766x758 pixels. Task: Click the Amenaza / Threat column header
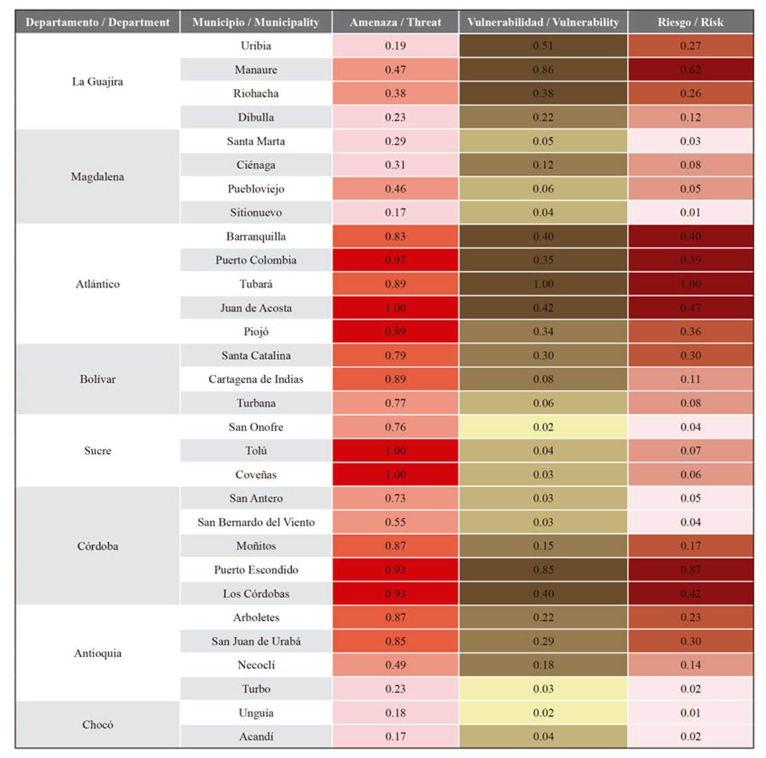[395, 22]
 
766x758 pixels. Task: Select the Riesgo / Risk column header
[690, 22]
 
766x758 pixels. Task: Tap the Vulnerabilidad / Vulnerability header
[543, 22]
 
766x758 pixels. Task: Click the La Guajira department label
[97, 82]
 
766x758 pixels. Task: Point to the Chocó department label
[97, 724]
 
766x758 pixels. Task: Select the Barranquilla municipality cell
[256, 237]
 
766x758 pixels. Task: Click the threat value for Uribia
[395, 46]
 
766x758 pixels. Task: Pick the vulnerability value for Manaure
[543, 70]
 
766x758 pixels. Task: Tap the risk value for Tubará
[690, 284]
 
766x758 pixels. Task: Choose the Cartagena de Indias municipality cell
[256, 379]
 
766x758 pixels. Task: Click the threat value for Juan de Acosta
[395, 308]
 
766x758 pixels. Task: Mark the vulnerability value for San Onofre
[543, 427]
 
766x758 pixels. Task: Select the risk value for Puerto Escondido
[690, 570]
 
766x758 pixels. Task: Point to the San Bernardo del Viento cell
[256, 522]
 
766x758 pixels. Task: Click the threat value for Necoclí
[395, 665]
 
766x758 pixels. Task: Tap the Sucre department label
[97, 451]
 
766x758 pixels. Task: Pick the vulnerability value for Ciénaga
[543, 165]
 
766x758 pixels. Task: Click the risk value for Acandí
[690, 736]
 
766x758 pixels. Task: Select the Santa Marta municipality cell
[256, 141]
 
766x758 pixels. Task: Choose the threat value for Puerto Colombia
[395, 260]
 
